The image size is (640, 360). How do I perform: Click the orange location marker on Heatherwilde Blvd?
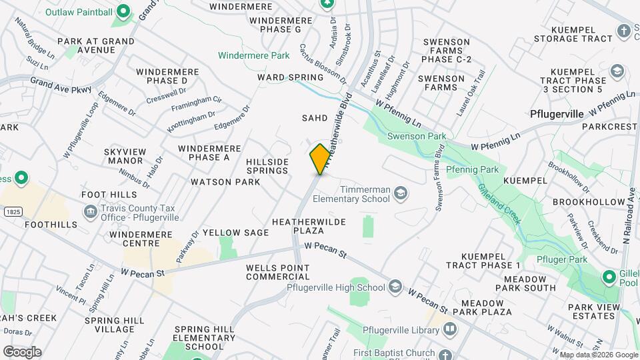coord(320,159)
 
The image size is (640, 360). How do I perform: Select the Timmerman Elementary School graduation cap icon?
coord(401,193)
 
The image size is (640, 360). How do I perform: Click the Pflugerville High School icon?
coord(395,287)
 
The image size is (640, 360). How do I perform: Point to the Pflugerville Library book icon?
coord(450,330)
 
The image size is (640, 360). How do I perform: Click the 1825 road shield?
coord(11,211)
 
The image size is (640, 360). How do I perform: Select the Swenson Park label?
coord(417,137)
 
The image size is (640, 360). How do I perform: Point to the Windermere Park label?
coord(254,55)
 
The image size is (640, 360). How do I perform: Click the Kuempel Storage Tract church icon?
coord(623,30)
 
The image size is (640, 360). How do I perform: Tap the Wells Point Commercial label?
coord(278,271)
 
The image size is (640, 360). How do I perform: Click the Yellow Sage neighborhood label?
coord(235,233)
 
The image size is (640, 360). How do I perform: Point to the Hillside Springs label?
coord(267,166)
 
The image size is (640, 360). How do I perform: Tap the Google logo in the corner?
coord(22,351)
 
